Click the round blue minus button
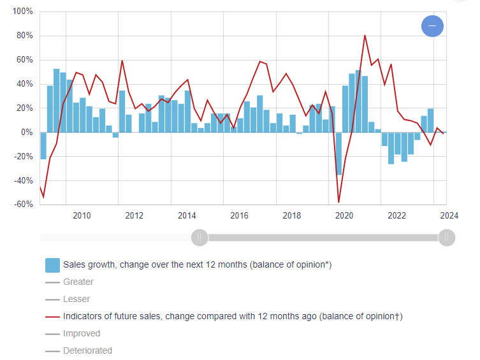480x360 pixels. click(432, 26)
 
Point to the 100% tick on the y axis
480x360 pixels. click(22, 12)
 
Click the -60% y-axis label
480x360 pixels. click(23, 205)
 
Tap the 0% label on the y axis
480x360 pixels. click(26, 133)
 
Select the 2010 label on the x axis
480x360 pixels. click(82, 215)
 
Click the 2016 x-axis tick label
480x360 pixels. click(240, 215)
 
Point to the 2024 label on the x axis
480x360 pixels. click(449, 215)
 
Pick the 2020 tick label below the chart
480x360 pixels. click(344, 215)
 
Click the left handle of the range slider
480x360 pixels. click(200, 238)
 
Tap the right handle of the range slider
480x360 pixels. click(446, 238)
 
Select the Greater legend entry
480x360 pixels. click(78, 282)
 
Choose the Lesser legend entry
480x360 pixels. click(76, 299)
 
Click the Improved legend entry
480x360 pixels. click(82, 333)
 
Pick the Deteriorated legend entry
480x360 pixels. click(87, 350)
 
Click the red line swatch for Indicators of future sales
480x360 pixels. click(52, 317)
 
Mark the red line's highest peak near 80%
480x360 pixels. click(365, 36)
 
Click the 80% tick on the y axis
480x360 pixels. click(24, 36)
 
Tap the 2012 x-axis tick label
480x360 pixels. click(135, 215)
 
